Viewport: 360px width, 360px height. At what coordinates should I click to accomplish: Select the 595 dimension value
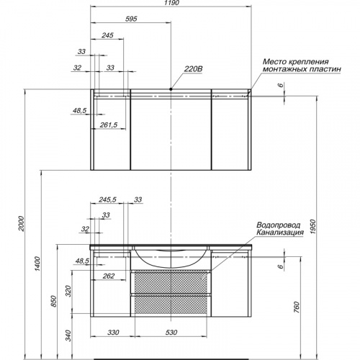click(131, 19)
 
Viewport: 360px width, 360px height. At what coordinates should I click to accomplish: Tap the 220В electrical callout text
click(193, 69)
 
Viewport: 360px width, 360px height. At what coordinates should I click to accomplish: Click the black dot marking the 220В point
click(171, 89)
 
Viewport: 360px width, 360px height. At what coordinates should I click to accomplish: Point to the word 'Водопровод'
click(279, 225)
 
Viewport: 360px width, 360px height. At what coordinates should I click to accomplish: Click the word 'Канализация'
click(280, 233)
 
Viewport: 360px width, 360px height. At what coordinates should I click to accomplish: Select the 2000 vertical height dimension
click(22, 223)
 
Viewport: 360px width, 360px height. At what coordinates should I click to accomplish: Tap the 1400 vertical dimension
click(37, 264)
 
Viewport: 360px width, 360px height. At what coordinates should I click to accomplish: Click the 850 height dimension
click(54, 301)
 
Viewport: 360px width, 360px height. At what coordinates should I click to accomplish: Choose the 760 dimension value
click(297, 307)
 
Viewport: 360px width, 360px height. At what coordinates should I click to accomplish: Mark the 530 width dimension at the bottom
click(171, 333)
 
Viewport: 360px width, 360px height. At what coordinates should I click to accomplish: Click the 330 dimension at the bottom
click(113, 333)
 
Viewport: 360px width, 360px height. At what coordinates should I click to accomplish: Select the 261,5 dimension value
click(109, 125)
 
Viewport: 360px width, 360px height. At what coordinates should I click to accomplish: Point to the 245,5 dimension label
click(107, 199)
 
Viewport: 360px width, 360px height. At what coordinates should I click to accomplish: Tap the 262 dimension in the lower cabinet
click(109, 276)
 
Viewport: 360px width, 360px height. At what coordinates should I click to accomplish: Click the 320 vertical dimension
click(69, 291)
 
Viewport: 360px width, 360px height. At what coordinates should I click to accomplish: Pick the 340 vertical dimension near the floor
click(69, 336)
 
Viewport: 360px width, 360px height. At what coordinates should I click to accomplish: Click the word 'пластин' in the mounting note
click(325, 69)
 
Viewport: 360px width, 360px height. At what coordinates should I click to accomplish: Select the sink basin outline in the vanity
click(171, 266)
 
